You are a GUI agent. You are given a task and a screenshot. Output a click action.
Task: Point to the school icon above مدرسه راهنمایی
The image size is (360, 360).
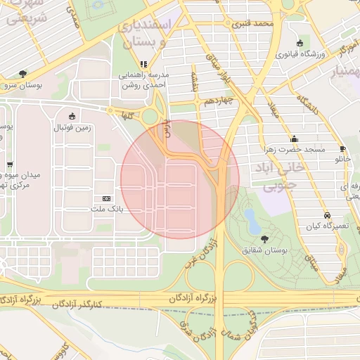143,64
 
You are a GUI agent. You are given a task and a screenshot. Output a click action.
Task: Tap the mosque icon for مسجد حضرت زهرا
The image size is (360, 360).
294,138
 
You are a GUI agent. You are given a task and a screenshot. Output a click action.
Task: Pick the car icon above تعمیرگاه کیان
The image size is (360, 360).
327,215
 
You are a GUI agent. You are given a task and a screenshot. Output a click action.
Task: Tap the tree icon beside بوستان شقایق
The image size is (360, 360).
264,239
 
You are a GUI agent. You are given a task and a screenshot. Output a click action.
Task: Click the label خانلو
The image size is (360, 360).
342,160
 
